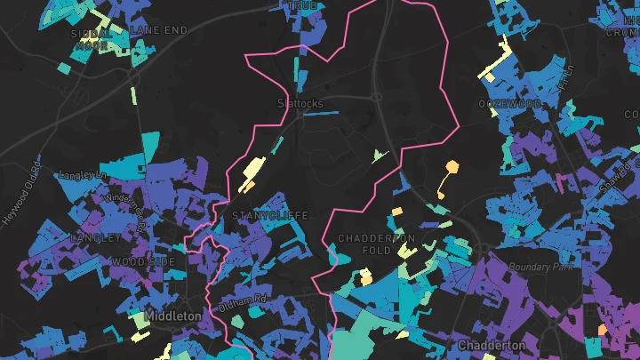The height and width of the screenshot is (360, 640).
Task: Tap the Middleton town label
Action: click(x=174, y=316)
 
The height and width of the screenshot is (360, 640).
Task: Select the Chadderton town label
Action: click(x=492, y=345)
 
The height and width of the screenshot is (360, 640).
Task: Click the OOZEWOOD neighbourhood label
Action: click(x=510, y=104)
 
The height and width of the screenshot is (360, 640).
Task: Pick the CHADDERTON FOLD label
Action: click(x=377, y=244)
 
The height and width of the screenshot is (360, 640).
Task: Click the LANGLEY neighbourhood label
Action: click(x=95, y=238)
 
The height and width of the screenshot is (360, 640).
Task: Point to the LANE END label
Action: click(x=159, y=29)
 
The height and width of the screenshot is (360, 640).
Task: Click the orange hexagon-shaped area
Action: click(x=452, y=166)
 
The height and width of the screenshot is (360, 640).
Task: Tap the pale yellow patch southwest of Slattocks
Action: click(x=252, y=168)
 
